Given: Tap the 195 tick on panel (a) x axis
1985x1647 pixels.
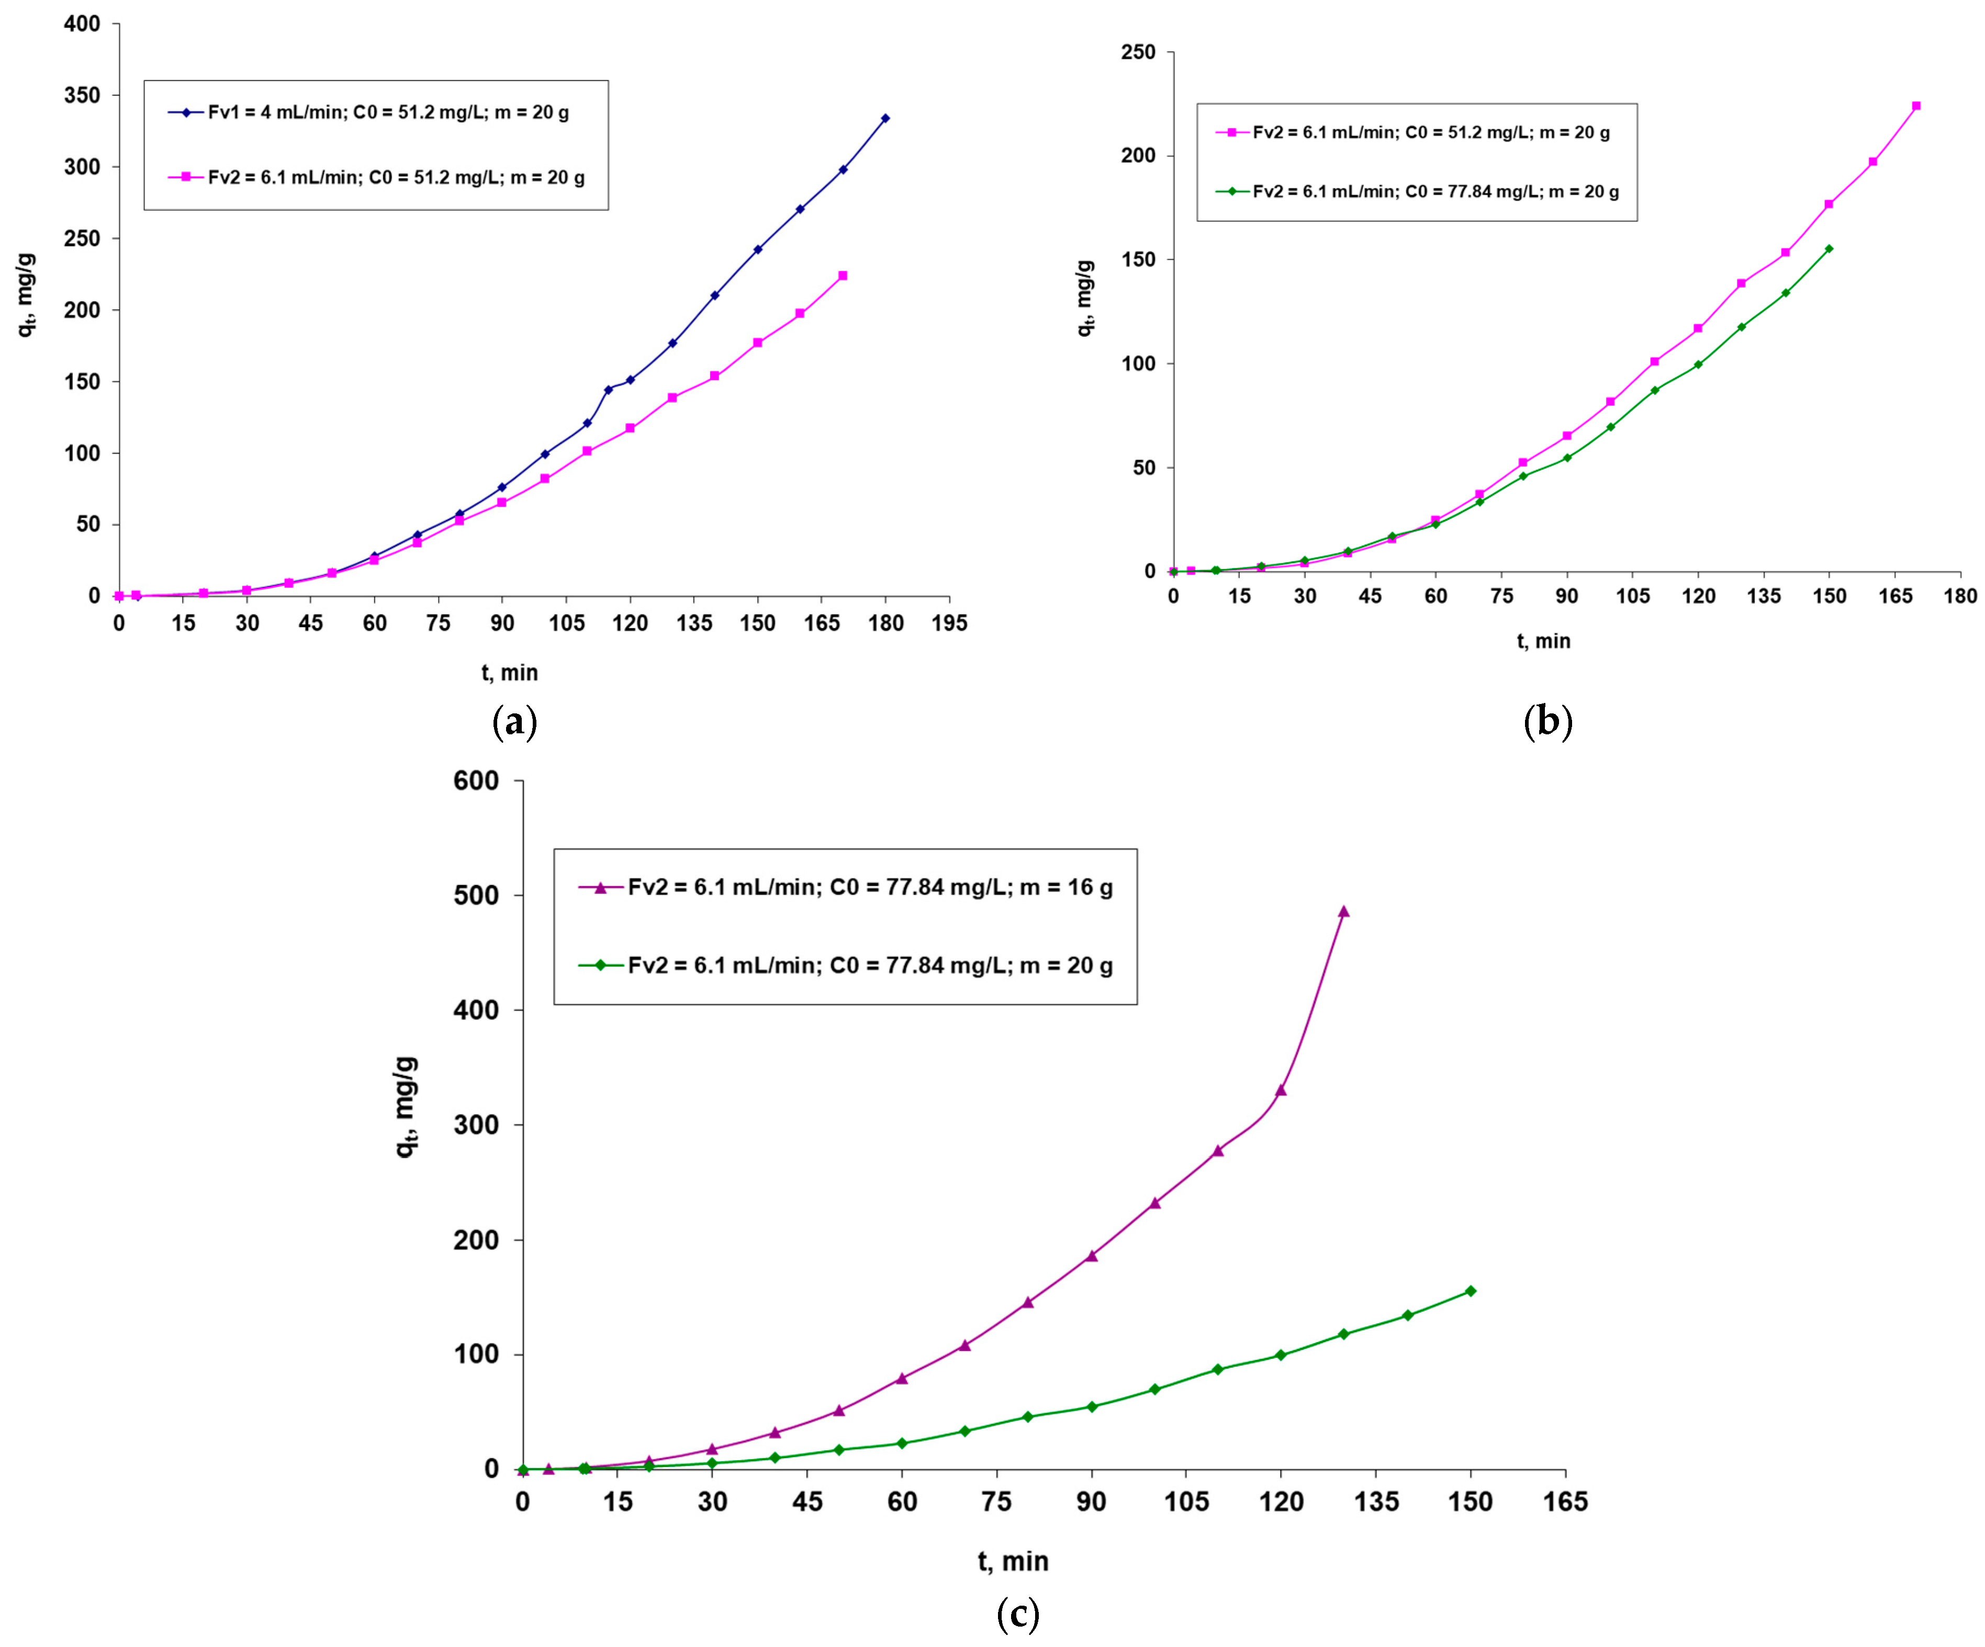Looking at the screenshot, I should pos(949,623).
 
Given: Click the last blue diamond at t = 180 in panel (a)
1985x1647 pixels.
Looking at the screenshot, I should pos(885,118).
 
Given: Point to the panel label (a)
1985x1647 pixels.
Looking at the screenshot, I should pos(515,723).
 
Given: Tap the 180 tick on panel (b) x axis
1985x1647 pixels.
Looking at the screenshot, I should pos(1959,596).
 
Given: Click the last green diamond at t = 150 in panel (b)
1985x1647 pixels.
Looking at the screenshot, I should pos(1829,248).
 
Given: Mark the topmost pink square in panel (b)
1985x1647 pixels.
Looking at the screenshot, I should pos(1916,106).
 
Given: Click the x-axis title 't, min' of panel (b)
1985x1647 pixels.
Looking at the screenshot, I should pos(1544,642).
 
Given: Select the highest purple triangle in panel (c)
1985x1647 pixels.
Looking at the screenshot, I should pos(1343,912).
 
